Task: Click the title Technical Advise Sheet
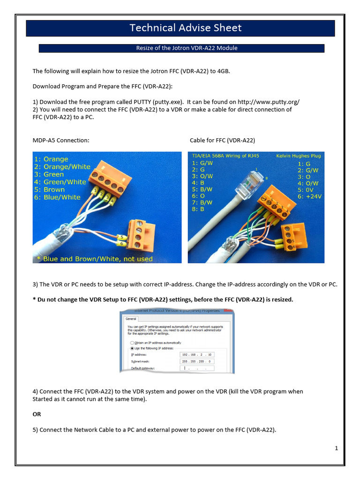(x=186, y=28)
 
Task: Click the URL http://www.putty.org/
(x=269, y=102)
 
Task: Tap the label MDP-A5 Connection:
(x=60, y=140)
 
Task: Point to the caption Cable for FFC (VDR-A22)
(x=222, y=140)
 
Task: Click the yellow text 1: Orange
(x=52, y=159)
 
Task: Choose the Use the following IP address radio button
(x=132, y=349)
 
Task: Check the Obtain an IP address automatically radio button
(x=132, y=343)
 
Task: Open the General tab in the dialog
(x=130, y=318)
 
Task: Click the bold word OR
(x=37, y=414)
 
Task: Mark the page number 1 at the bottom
(x=336, y=449)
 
